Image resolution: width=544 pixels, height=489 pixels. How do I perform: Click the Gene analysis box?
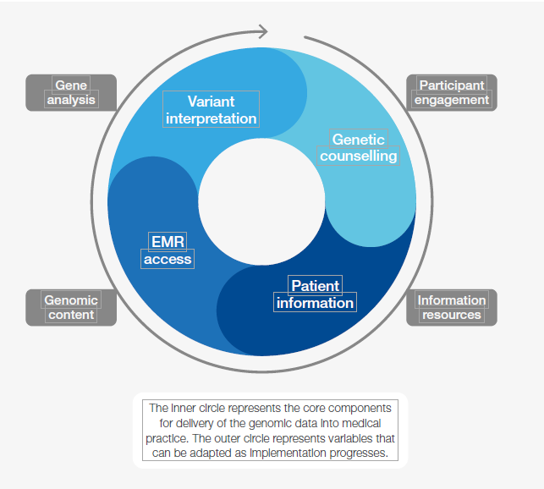[71, 92]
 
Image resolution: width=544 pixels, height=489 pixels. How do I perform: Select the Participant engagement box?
[452, 92]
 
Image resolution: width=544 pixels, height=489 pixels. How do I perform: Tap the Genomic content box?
[71, 307]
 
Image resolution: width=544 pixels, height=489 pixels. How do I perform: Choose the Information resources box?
[452, 307]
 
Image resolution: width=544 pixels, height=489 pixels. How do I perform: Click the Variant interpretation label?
[211, 110]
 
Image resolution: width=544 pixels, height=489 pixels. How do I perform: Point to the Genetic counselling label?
[358, 147]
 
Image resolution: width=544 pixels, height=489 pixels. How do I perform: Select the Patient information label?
[315, 294]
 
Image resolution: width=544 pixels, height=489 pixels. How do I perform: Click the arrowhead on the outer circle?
[261, 31]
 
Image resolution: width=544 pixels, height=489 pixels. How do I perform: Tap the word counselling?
[358, 156]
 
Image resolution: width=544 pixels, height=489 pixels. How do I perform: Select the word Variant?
[211, 101]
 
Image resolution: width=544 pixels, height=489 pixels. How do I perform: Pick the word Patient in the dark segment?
[315, 285]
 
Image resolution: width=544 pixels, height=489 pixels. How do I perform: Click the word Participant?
[452, 85]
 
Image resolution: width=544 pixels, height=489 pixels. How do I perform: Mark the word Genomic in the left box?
[71, 299]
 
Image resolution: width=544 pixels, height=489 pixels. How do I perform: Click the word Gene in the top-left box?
[71, 85]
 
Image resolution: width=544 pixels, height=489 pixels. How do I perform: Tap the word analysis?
[71, 100]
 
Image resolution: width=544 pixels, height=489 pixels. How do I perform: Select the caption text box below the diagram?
[269, 430]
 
